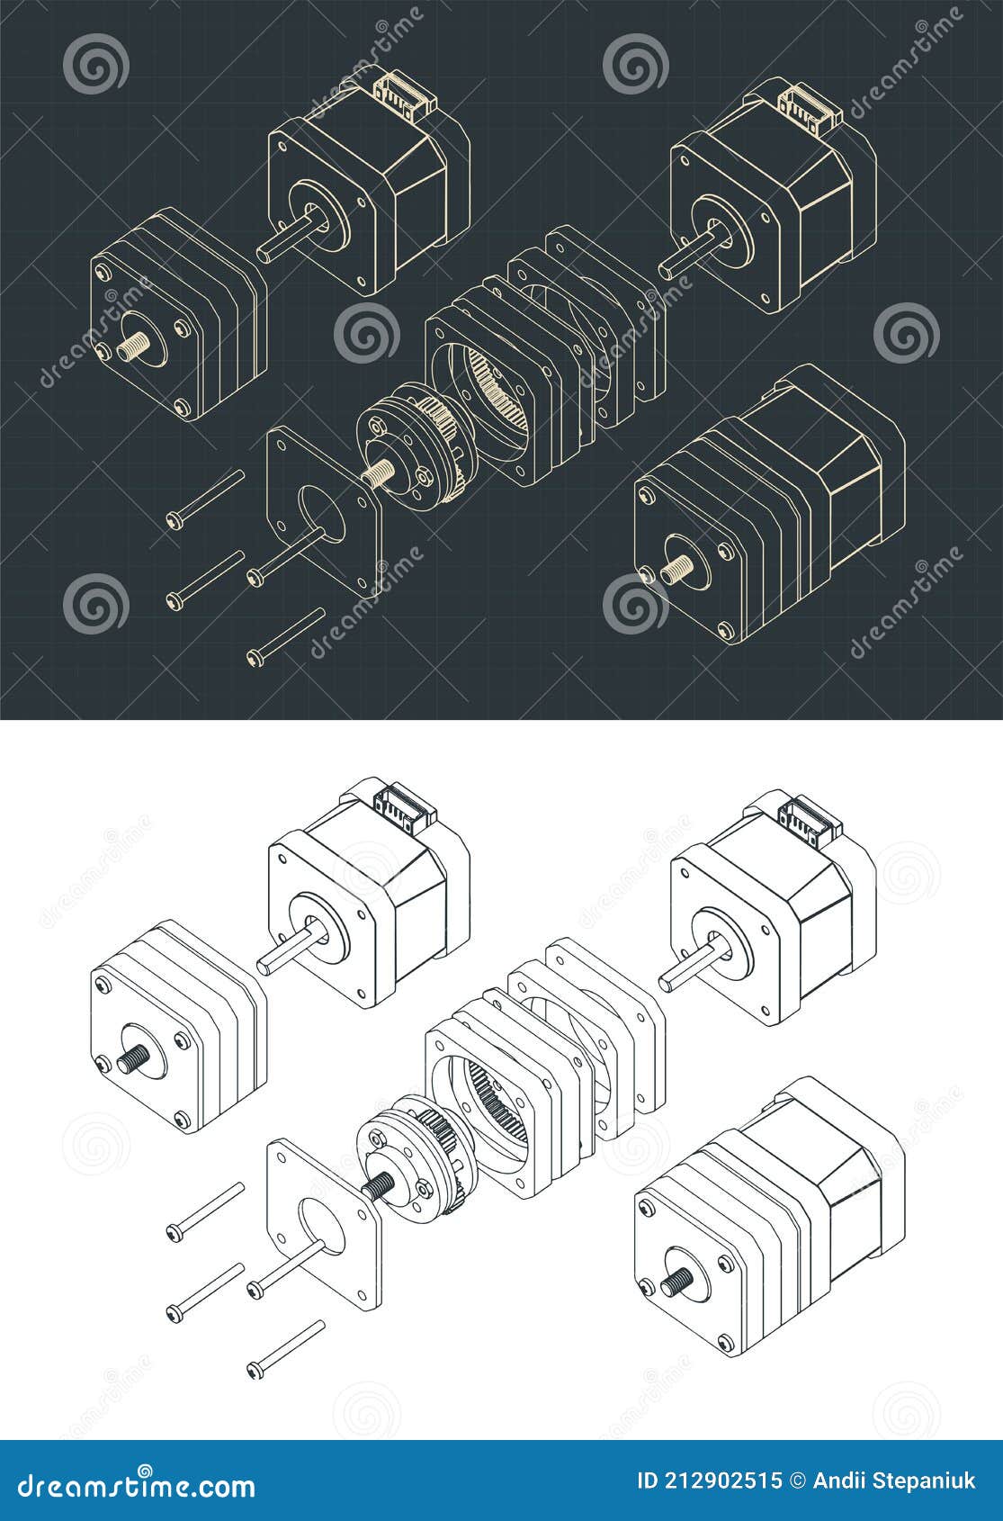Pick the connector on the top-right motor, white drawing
click(806, 814)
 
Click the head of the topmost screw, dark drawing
click(175, 518)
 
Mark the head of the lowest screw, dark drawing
click(253, 659)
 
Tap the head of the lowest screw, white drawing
click(253, 1371)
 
